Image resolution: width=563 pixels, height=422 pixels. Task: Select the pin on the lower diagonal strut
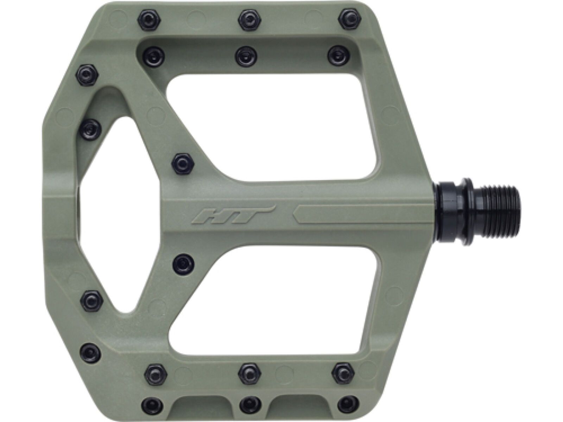tap(183, 262)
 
